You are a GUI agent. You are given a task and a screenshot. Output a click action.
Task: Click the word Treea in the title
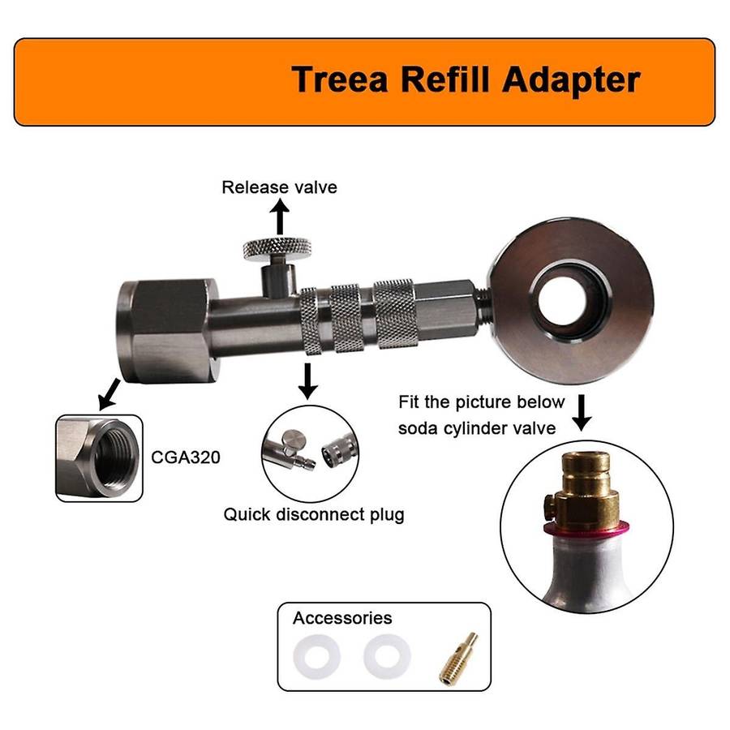339,79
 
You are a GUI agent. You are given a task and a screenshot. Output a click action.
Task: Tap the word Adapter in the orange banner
571,81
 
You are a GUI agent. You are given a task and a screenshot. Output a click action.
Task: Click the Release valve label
279,187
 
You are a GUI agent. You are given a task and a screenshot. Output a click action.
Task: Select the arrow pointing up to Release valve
280,217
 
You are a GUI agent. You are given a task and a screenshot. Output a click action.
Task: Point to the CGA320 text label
185,457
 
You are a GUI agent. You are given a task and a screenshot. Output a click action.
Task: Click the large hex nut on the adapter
166,331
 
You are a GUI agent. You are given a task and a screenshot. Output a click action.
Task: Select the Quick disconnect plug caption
314,514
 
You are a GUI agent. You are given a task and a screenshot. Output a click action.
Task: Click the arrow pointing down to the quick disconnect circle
307,381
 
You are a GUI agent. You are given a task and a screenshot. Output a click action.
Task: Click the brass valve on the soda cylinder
583,487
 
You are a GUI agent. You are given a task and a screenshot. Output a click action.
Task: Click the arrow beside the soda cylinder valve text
582,413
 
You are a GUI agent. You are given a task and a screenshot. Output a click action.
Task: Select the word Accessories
342,618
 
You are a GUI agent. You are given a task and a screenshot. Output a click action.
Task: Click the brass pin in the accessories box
458,659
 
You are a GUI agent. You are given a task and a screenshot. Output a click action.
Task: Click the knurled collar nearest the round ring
395,314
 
